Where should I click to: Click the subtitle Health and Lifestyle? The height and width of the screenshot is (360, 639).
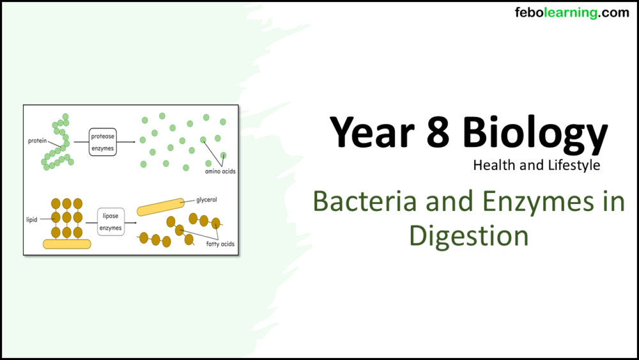pyautogui.click(x=536, y=165)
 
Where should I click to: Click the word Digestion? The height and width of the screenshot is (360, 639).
pyautogui.click(x=468, y=235)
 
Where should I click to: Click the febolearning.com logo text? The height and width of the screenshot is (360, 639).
pyautogui.click(x=571, y=12)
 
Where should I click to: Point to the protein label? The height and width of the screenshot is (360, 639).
pyautogui.click(x=37, y=140)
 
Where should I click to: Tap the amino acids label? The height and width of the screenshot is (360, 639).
pyautogui.click(x=220, y=171)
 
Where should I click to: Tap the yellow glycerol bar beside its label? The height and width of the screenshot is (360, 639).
pyautogui.click(x=160, y=207)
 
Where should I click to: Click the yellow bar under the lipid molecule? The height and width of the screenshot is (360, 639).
pyautogui.click(x=66, y=244)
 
